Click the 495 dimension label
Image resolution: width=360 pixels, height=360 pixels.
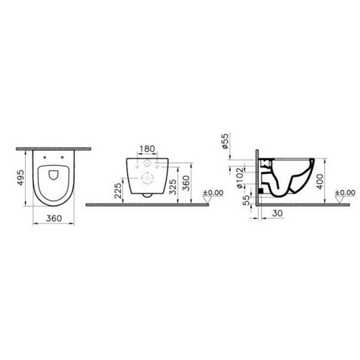tap(21, 177)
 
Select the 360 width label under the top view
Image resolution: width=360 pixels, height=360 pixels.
tap(54, 218)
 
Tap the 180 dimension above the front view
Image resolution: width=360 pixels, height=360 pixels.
tap(147, 149)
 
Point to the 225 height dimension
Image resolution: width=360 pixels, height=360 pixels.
tap(118, 190)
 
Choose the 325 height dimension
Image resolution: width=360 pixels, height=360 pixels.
tap(173, 187)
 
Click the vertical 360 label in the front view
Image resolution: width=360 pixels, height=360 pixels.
tap(186, 183)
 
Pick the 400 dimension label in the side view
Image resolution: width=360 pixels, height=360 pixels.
tap(320, 181)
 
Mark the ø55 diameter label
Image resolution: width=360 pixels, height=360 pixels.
tap(225, 141)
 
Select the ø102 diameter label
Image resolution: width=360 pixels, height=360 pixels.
tap(239, 178)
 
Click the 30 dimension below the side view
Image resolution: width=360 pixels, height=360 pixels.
tap(277, 213)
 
